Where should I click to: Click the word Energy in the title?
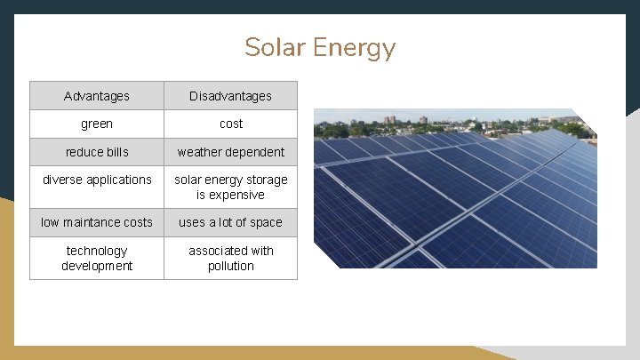(356, 49)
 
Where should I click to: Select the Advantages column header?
(97, 96)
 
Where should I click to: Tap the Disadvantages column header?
(230, 96)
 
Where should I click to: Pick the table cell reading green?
(97, 124)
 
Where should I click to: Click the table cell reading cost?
(230, 124)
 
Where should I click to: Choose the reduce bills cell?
(97, 152)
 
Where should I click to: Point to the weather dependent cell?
(230, 152)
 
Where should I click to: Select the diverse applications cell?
(97, 180)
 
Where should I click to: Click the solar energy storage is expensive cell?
(230, 187)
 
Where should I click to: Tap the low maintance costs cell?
(97, 222)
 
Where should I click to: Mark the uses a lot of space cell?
(230, 222)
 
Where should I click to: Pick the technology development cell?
(97, 258)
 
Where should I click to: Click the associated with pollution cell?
(230, 258)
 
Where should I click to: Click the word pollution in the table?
(230, 266)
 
